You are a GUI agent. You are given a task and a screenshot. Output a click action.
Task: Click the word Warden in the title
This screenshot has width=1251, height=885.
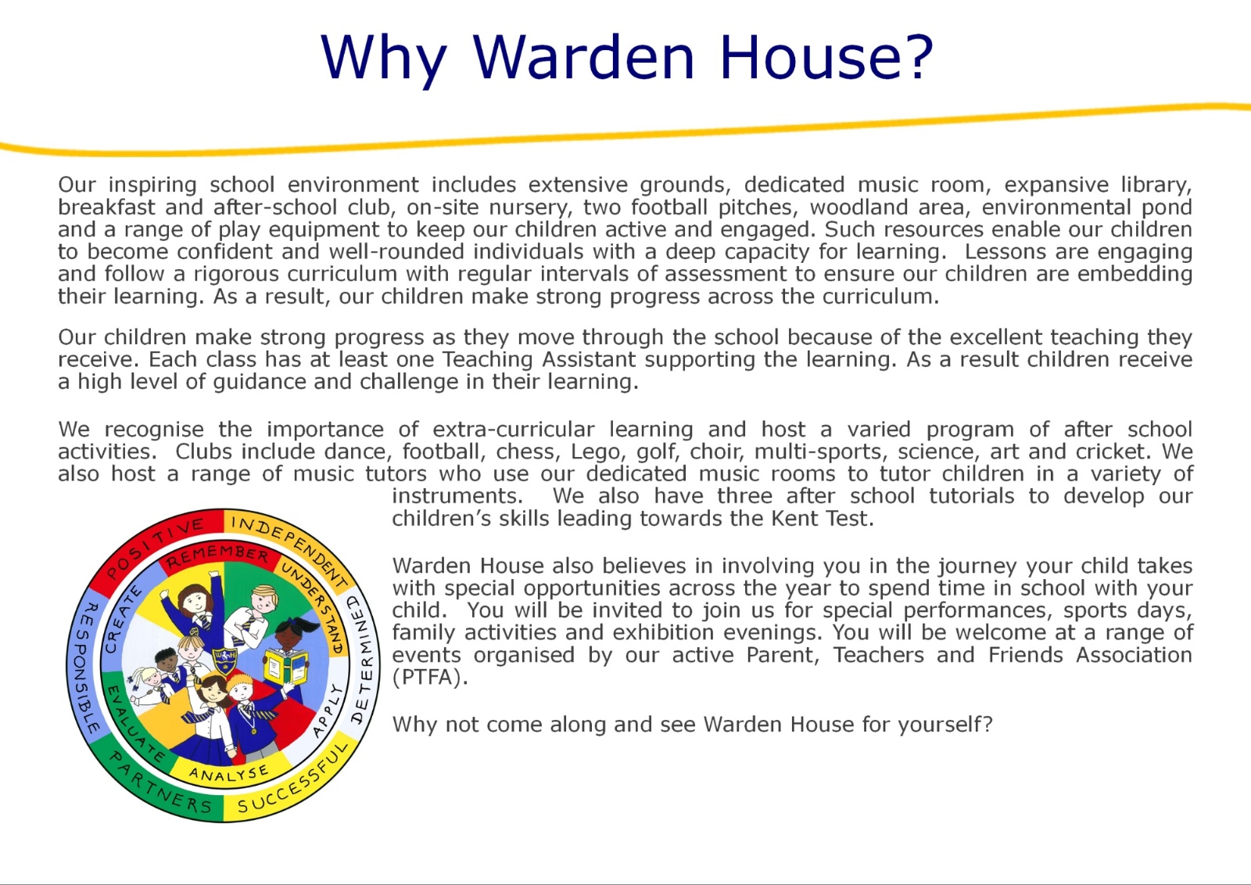[583, 57]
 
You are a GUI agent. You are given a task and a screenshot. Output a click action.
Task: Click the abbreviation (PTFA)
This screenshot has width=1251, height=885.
[429, 678]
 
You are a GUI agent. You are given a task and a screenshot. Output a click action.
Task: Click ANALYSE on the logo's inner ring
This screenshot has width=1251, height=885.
[229, 773]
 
